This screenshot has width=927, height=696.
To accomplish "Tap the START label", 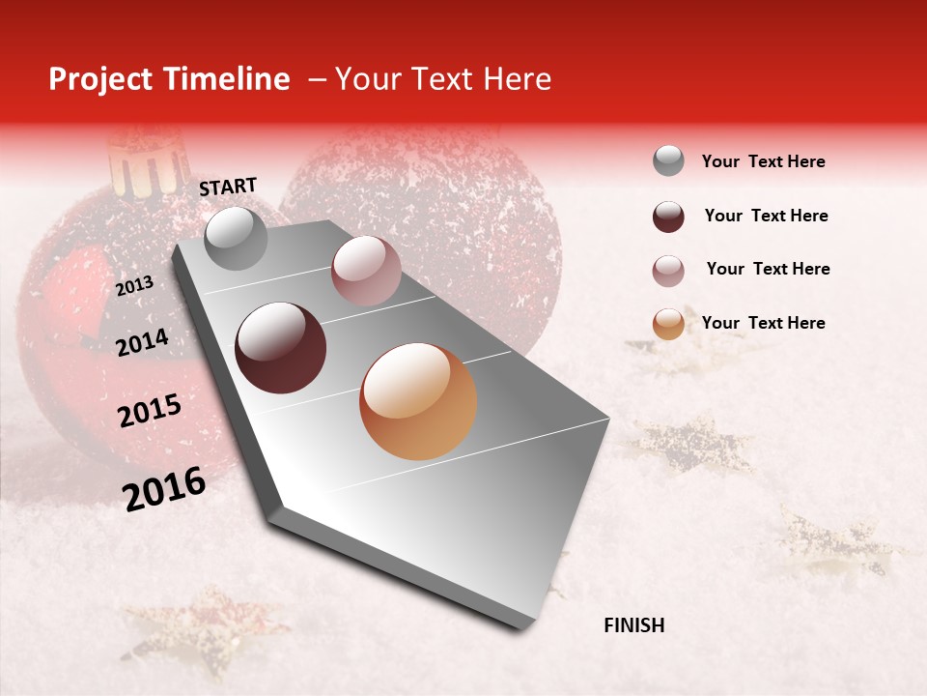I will point(228,187).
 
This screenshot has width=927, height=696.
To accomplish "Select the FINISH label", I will point(634,625).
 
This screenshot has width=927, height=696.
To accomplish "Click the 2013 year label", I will point(134,285).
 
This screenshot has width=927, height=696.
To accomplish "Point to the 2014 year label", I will point(142,342).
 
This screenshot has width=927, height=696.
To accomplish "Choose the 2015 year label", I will point(150,412).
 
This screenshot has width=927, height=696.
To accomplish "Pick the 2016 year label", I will point(164,488).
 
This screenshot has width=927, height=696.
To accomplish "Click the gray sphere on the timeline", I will point(236,238).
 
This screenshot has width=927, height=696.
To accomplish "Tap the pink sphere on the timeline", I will point(366,271).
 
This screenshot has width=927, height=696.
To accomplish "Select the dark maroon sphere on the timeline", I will point(281,348).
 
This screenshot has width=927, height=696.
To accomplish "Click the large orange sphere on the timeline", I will point(418,401).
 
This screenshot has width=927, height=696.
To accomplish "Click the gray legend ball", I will point(668,160).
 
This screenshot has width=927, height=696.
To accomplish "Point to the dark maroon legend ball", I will point(668,217).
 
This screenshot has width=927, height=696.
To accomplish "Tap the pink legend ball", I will point(668,271).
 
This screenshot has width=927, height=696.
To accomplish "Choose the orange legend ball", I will point(668,324).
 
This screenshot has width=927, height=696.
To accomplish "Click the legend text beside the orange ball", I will point(764,323).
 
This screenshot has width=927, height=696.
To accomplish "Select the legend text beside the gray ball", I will point(764,161).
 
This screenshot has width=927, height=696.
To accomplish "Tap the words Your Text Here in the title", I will point(442,79).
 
